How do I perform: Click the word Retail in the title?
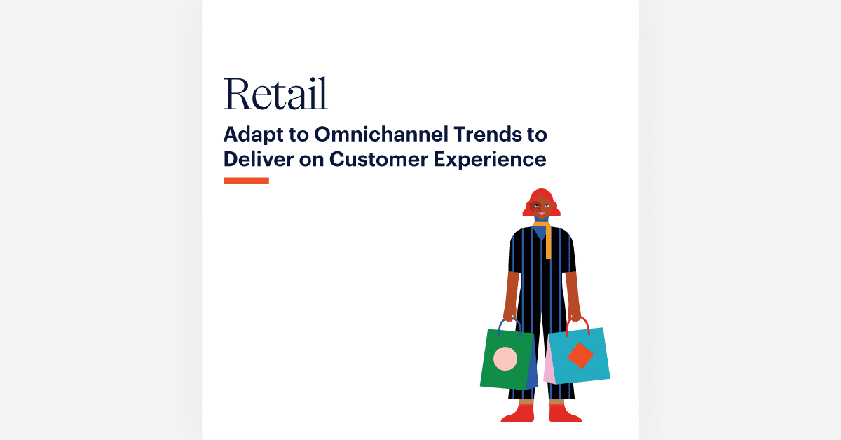point(275,95)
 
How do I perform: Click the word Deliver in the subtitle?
point(256,159)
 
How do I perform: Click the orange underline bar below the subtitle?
point(246,181)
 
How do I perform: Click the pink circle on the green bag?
point(505,359)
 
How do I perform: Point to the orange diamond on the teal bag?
point(580,355)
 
